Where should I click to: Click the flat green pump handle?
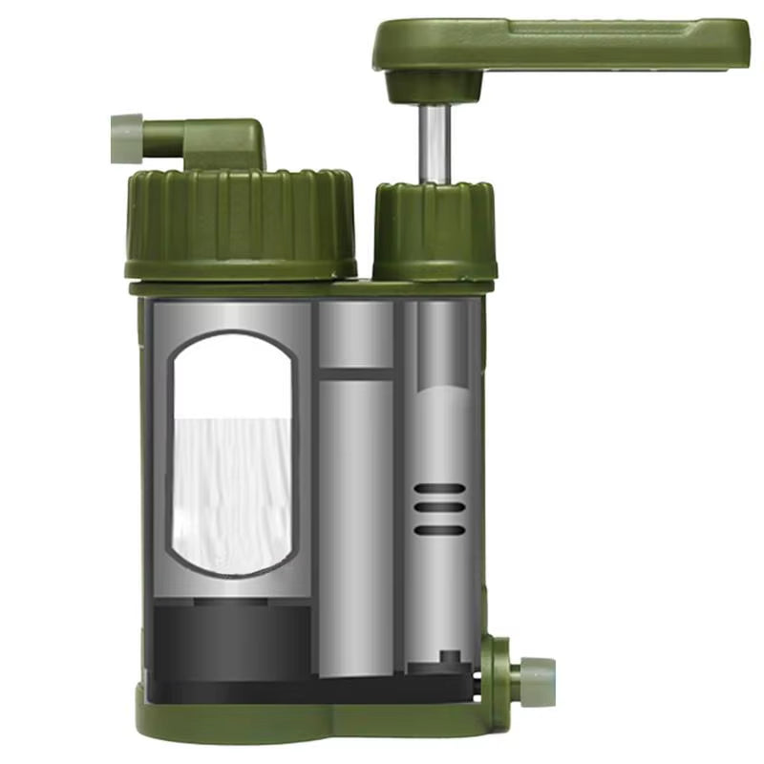[573, 43]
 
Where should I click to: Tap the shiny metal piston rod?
[435, 143]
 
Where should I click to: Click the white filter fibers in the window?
[232, 487]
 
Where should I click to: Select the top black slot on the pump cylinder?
[439, 489]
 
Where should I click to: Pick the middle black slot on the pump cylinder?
[439, 509]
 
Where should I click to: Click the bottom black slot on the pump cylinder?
[439, 530]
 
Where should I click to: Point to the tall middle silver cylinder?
[355, 525]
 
